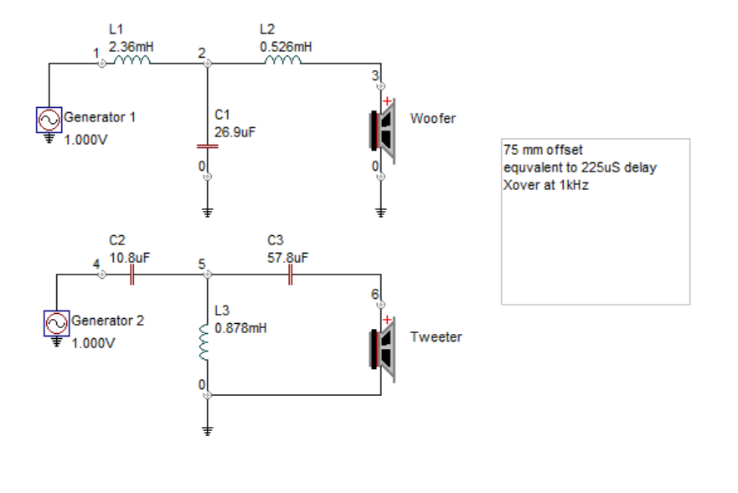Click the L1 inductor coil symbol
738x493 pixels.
pos(132,59)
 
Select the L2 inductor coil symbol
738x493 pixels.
pos(282,59)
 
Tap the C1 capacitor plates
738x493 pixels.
pos(207,146)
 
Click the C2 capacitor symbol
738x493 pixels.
pos(132,275)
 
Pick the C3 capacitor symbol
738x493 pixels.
pos(291,275)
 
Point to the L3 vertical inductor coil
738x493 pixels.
pos(204,342)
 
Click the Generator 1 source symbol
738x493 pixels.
pos(49,120)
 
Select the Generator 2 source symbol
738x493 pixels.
pos(56,323)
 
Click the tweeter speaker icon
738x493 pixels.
pos(382,350)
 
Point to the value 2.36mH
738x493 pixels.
pos(132,47)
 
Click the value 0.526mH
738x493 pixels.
pos(286,47)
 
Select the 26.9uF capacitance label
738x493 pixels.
pos(235,132)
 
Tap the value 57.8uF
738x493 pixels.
pos(287,258)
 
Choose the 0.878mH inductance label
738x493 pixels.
pos(240,328)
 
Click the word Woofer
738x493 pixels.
pos(433,119)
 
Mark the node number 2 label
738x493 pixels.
pos(201,54)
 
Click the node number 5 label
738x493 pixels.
pos(201,264)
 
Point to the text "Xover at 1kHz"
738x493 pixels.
pos(546,185)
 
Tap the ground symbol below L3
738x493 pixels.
pos(207,430)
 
